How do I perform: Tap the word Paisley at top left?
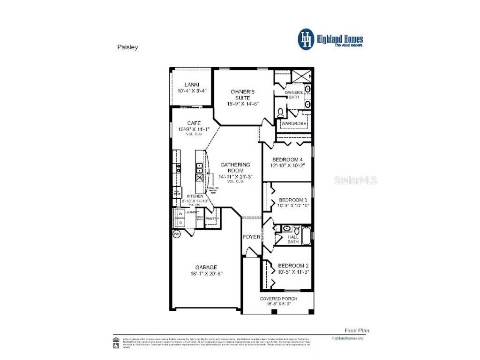click(127, 47)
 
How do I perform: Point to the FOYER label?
click(252, 237)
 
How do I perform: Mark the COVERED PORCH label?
click(279, 299)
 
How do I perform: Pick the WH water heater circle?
click(177, 234)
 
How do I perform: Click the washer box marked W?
click(180, 214)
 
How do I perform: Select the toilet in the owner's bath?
click(280, 112)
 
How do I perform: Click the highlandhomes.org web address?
click(347, 337)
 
